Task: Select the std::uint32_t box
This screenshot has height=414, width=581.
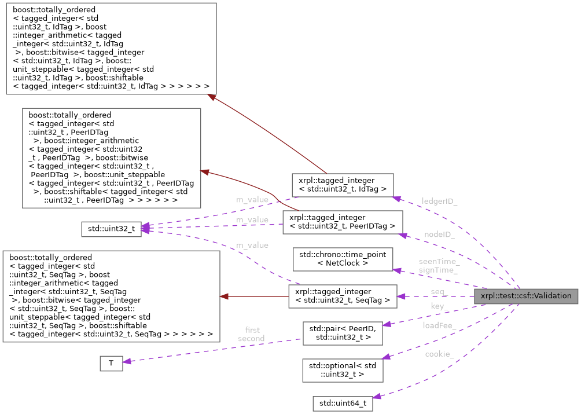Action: (x=111, y=229)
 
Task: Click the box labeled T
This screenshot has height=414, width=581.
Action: (x=111, y=363)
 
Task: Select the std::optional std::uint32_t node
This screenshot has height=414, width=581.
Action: (x=343, y=369)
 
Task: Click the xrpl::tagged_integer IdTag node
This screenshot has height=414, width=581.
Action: (x=343, y=185)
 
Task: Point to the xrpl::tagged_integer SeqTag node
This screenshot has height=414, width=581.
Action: (x=342, y=296)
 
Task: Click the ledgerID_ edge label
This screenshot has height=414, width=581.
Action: (x=439, y=200)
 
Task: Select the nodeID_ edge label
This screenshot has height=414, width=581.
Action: (x=439, y=235)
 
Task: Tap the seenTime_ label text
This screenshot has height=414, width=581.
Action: (x=439, y=262)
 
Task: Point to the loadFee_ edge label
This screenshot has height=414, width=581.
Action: (x=439, y=325)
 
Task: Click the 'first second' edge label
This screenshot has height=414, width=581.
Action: (x=251, y=334)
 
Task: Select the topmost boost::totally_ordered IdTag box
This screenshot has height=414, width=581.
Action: (x=111, y=49)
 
